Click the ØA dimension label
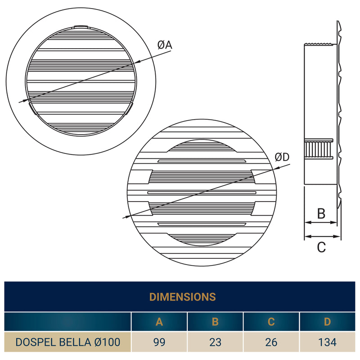click(165, 45)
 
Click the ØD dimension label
click(282, 157)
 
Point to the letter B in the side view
click(321, 213)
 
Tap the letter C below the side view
click(321, 247)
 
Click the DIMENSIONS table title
click(182, 297)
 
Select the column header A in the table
click(159, 322)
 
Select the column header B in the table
click(215, 322)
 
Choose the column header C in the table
click(271, 322)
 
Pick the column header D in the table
click(327, 322)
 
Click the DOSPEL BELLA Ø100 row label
click(68, 342)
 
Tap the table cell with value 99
click(159, 342)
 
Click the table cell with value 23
click(215, 342)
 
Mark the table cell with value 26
click(271, 342)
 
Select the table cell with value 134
click(327, 342)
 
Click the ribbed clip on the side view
click(318, 148)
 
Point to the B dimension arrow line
click(321, 222)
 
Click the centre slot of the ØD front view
click(202, 192)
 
